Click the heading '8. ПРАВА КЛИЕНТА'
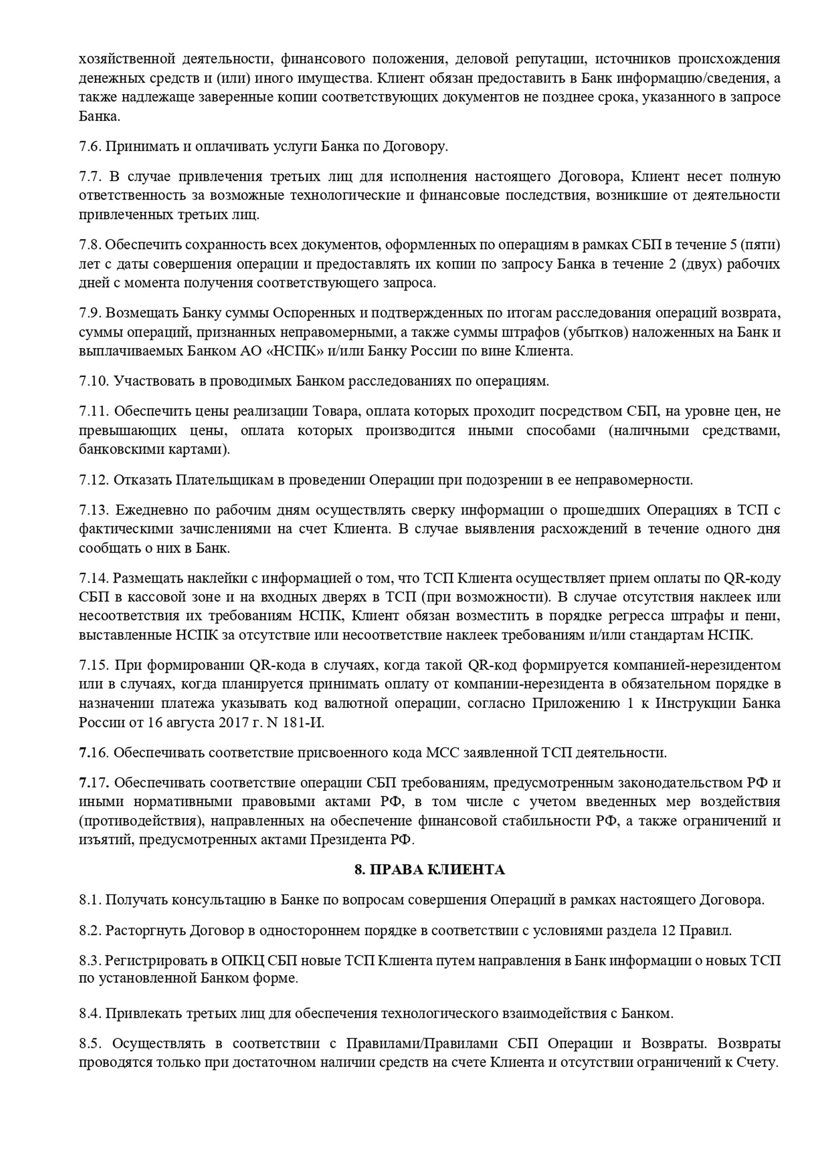point(429,870)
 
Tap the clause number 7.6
point(90,146)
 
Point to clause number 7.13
point(94,510)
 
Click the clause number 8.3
point(90,960)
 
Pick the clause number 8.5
point(91,1029)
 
